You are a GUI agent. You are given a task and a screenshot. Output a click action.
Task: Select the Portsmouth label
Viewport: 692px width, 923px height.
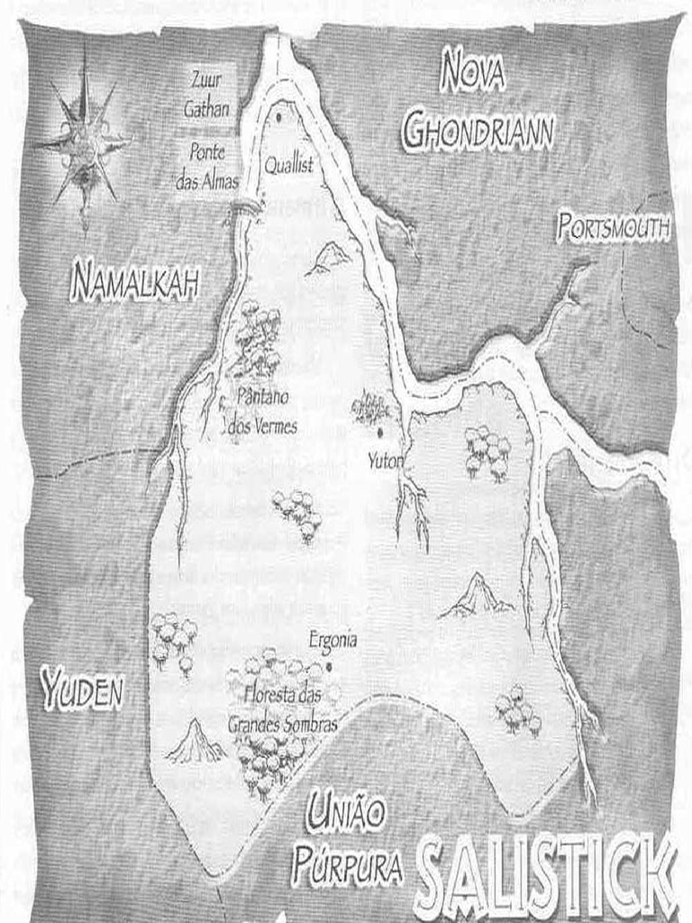coord(613,227)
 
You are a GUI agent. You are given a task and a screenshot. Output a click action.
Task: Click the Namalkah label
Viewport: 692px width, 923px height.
coord(134,281)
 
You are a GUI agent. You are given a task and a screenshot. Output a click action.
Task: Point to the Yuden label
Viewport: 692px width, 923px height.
coord(81,692)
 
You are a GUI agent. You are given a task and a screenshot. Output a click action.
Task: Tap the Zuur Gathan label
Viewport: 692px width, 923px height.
coord(207,94)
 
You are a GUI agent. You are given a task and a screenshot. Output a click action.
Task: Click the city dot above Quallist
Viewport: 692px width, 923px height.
coord(279,116)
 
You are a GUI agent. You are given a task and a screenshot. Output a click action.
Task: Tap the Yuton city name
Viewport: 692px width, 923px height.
coord(385,461)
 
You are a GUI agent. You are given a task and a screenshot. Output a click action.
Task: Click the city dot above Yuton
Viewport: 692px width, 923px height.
coord(380,434)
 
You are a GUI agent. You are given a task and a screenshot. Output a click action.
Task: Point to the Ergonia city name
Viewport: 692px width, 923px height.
coord(332,640)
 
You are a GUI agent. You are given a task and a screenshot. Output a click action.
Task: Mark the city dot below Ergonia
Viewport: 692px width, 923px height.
coord(329,667)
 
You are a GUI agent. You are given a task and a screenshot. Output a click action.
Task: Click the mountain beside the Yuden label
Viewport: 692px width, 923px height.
coord(196,742)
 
